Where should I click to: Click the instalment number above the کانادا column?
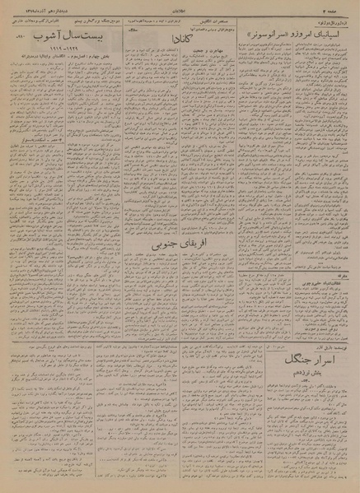(x=130, y=30)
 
